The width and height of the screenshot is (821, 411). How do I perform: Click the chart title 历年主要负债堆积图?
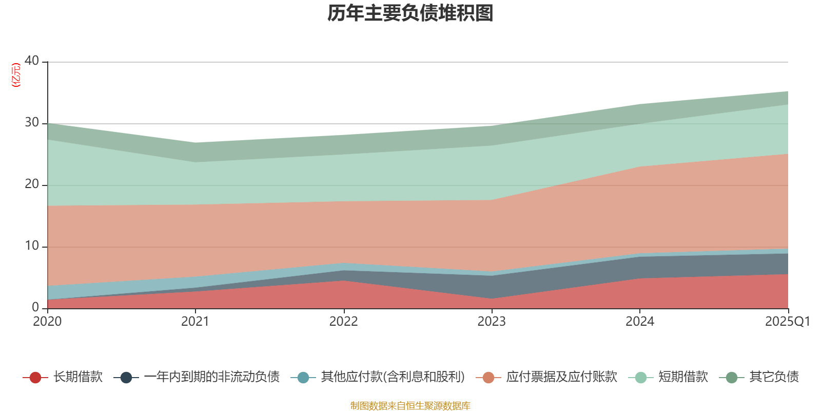click(411, 13)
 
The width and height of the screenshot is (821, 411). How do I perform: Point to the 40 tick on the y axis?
click(32, 61)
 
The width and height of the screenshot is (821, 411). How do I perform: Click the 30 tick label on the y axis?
click(32, 122)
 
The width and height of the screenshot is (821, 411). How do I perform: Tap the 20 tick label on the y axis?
click(32, 184)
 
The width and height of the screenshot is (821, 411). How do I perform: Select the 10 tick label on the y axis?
click(32, 246)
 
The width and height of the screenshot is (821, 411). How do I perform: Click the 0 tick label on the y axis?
click(35, 307)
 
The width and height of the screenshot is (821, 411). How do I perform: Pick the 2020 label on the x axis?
click(47, 322)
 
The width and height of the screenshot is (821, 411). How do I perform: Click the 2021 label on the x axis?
click(195, 322)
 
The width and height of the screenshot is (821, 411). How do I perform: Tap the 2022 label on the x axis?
click(343, 322)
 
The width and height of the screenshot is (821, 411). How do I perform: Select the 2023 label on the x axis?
click(492, 322)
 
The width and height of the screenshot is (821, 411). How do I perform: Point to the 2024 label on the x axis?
click(639, 322)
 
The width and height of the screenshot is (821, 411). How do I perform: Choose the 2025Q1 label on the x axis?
click(787, 322)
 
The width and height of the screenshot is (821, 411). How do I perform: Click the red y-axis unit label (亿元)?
click(16, 75)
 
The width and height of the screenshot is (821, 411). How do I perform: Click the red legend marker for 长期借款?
click(35, 378)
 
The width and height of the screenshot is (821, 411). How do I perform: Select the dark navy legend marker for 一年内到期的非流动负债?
click(126, 378)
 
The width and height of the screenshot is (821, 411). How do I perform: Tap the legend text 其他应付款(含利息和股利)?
click(393, 377)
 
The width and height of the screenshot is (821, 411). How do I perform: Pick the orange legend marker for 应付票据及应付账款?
click(488, 378)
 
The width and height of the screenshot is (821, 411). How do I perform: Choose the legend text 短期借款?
click(683, 377)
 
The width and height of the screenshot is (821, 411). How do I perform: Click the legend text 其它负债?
click(774, 377)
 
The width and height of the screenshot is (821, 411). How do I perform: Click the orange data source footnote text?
click(411, 406)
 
